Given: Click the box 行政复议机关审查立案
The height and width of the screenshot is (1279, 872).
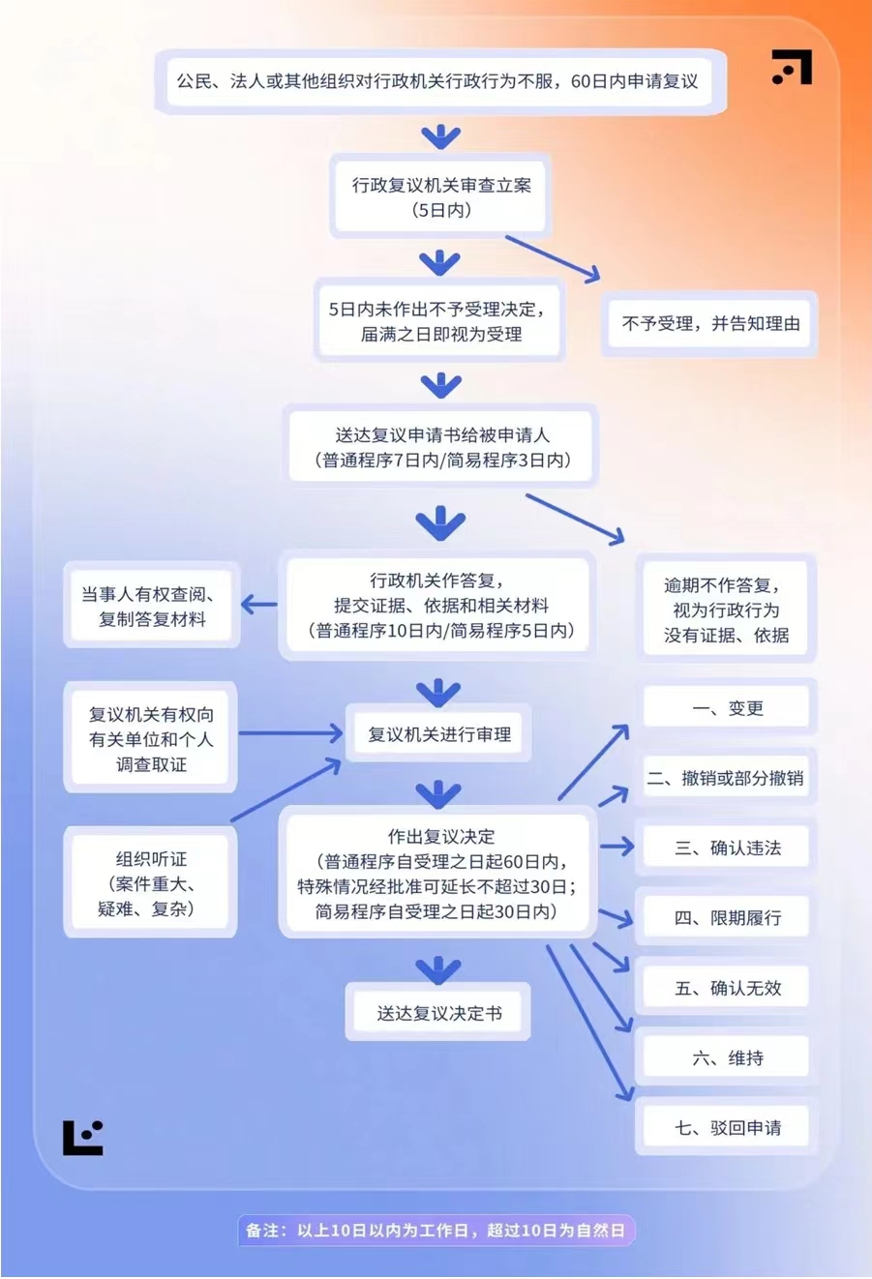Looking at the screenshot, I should pyautogui.click(x=440, y=196).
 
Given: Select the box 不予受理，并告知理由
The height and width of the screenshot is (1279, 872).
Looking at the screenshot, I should pyautogui.click(x=709, y=324).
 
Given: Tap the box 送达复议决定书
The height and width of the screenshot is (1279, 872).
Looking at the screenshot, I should pyautogui.click(x=438, y=1013).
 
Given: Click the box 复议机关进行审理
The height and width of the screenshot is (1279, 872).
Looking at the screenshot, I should pyautogui.click(x=438, y=734).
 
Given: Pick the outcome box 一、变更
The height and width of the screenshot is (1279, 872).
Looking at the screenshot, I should pyautogui.click(x=727, y=708).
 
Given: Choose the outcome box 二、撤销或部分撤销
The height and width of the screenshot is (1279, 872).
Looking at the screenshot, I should pyautogui.click(x=725, y=778).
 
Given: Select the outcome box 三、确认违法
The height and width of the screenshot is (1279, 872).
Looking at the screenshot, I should pyautogui.click(x=727, y=848).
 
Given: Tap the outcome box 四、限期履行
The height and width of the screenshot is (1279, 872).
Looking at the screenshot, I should pyautogui.click(x=727, y=918).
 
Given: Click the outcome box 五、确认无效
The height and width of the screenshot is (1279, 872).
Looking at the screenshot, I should pyautogui.click(x=727, y=988).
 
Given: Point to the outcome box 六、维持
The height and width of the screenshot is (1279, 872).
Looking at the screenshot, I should pyautogui.click(x=727, y=1057).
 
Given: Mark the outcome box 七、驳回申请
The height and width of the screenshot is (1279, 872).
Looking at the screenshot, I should pyautogui.click(x=727, y=1127).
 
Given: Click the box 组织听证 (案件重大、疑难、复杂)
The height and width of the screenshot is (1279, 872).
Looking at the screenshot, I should pyautogui.click(x=150, y=882).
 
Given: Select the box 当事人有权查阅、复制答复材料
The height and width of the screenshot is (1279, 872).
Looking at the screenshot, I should pyautogui.click(x=151, y=607).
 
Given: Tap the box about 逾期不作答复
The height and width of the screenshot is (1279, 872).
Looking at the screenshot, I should pyautogui.click(x=726, y=610).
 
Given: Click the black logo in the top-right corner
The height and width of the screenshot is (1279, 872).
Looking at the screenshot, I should pyautogui.click(x=792, y=67).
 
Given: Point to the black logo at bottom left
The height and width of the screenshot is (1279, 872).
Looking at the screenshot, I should pyautogui.click(x=83, y=1138).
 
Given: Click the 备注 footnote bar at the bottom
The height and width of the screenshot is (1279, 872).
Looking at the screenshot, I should pyautogui.click(x=436, y=1231).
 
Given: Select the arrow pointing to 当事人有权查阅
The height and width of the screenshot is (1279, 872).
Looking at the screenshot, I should pyautogui.click(x=258, y=606).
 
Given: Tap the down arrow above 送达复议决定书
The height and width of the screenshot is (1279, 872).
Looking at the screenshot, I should pyautogui.click(x=438, y=968).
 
